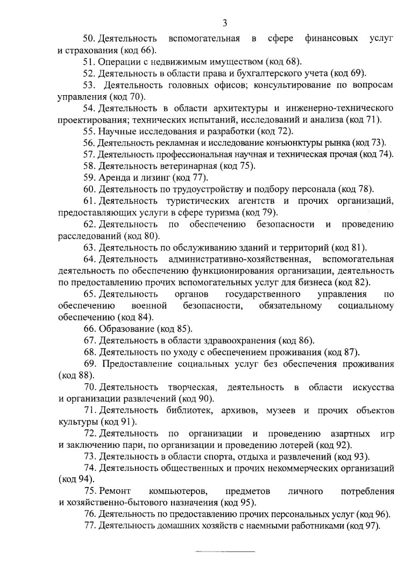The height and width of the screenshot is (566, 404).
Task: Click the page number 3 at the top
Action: tap(225, 23)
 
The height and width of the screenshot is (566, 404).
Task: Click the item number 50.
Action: tap(89, 39)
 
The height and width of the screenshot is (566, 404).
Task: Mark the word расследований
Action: tap(89, 236)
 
